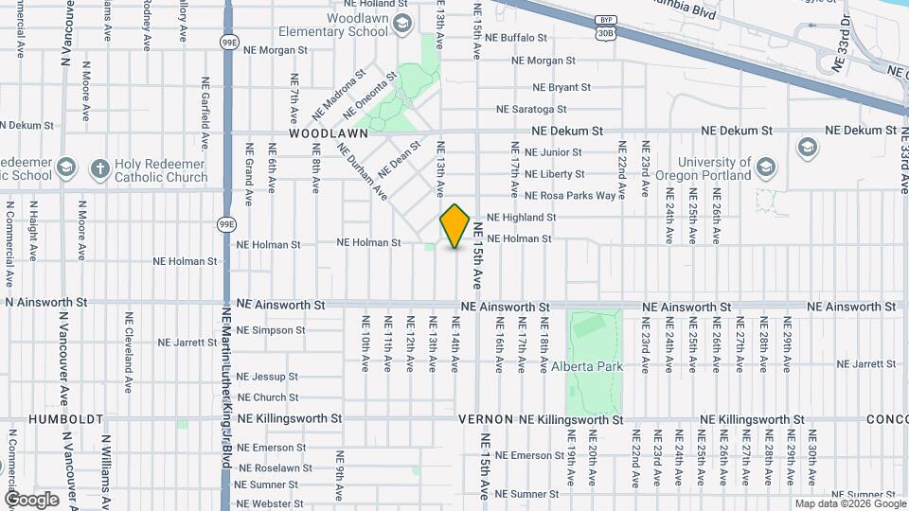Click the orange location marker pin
(455, 225)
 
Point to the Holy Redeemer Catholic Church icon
(99, 169)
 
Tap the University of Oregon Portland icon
(766, 169)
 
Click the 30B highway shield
(605, 32)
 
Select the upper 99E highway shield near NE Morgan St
(228, 43)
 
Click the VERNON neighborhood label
(486, 419)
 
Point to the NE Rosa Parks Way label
(570, 196)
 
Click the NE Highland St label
(521, 218)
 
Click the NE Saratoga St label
(532, 110)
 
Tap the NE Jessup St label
(267, 377)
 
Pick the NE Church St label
(268, 398)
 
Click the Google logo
(31, 499)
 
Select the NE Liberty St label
(554, 174)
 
